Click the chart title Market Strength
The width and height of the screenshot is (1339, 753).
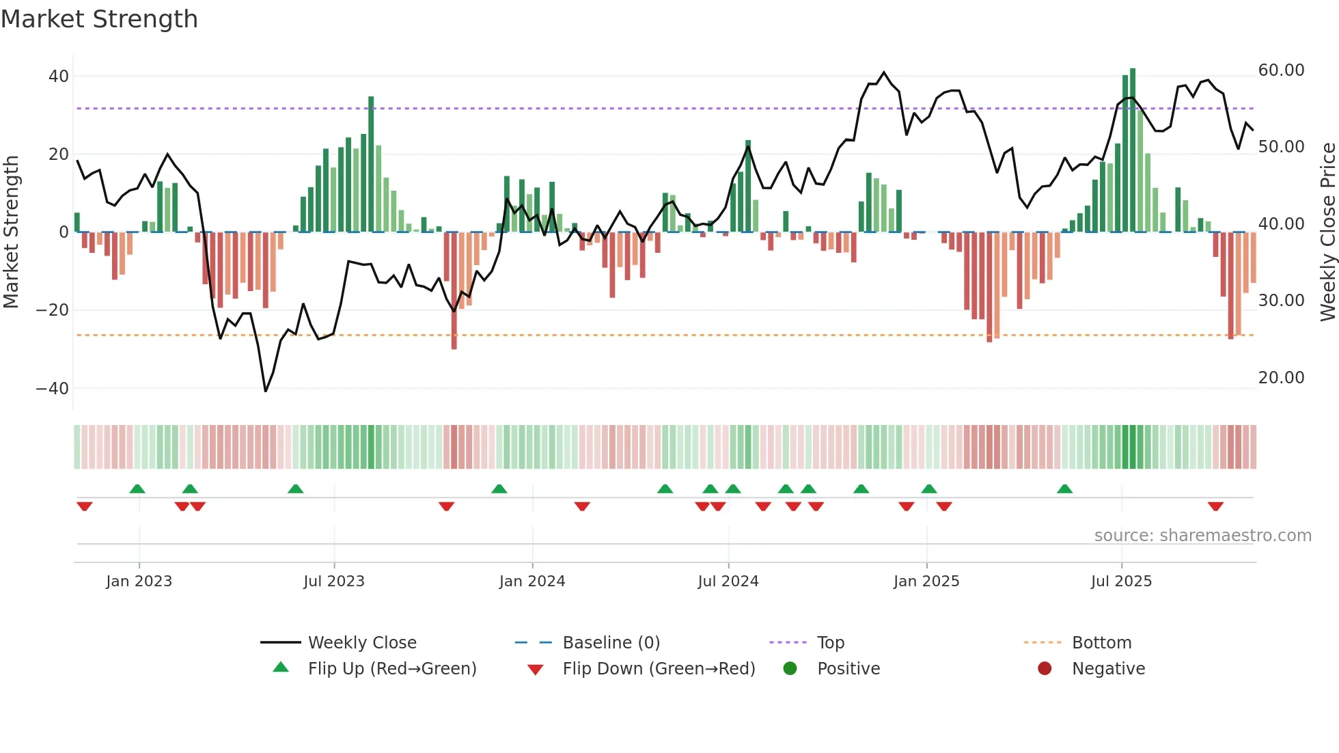pos(99,19)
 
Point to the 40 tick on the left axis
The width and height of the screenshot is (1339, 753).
pos(58,77)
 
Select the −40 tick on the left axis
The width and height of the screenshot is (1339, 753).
pos(53,389)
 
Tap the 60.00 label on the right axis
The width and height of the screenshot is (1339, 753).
pos(1281,70)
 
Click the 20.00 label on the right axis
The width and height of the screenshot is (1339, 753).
pos(1281,378)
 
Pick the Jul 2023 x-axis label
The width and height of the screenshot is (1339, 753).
pos(334,581)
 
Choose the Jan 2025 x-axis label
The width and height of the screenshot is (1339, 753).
pos(926,581)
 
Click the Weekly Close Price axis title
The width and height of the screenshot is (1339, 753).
pos(1327,232)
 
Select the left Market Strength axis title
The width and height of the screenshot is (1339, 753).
pos(11,232)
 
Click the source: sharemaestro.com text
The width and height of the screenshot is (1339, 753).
pos(1202,536)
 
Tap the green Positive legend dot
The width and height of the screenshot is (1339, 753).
pos(790,669)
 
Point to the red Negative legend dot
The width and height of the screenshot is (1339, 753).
pos(1045,669)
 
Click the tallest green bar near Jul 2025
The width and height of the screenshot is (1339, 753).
pos(1133,150)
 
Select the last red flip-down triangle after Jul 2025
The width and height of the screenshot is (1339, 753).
pos(1215,506)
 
